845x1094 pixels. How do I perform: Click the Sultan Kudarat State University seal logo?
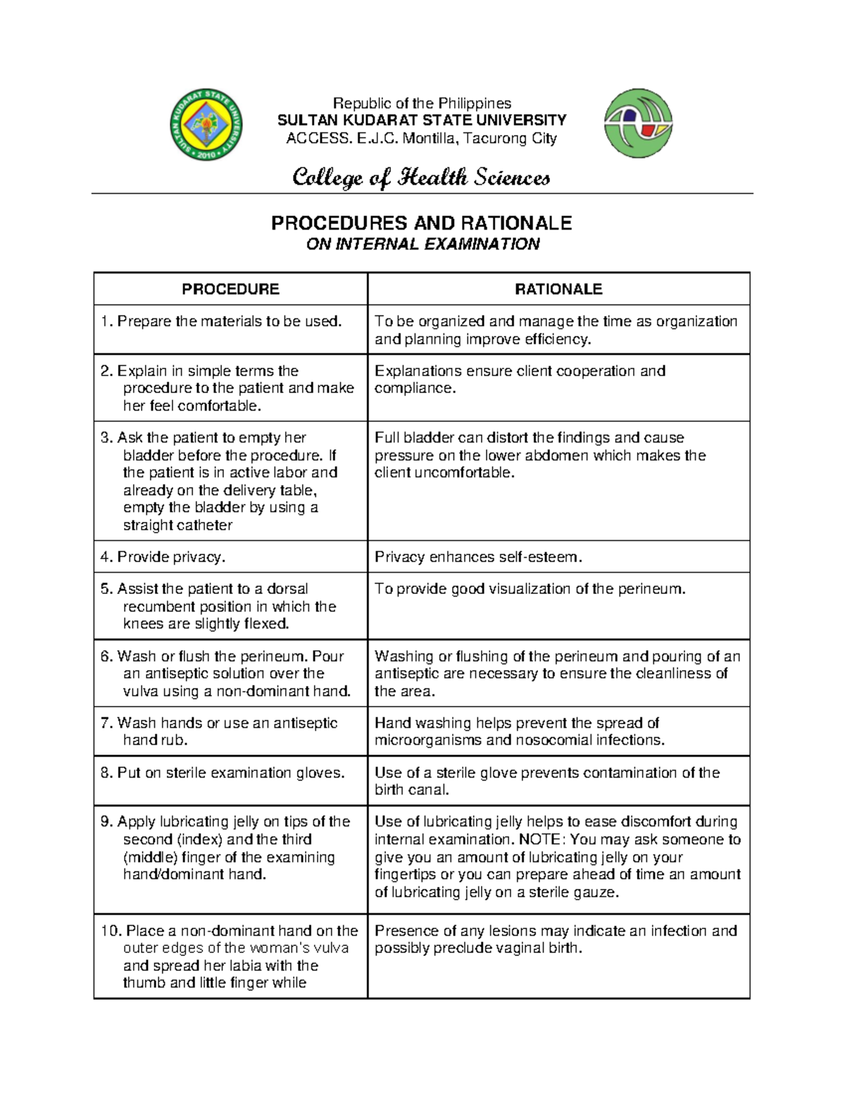[x=206, y=125]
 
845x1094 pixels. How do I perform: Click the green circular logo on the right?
[x=638, y=123]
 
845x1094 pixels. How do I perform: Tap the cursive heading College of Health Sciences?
[x=421, y=177]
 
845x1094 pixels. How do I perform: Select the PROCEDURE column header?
[x=230, y=289]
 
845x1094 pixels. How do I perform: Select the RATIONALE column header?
[x=558, y=289]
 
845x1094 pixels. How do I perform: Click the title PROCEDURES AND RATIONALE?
[x=421, y=223]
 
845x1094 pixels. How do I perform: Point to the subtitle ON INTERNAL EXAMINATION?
[x=423, y=244]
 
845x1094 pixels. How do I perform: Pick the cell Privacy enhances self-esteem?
[x=479, y=557]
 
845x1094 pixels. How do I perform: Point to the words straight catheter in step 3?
[x=177, y=526]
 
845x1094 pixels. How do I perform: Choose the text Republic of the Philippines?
[x=422, y=103]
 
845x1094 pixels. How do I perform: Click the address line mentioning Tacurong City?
[x=421, y=138]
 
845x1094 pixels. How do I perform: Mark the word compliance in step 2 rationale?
[x=414, y=388]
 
